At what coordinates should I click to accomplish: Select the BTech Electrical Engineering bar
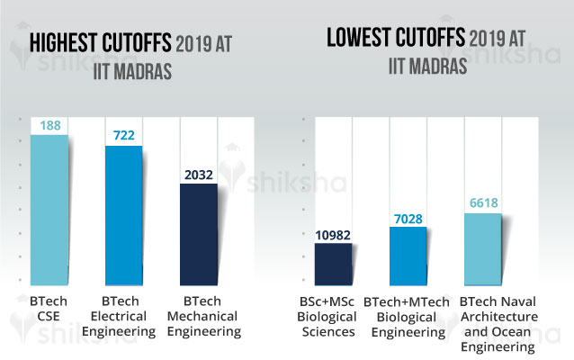pos(123,216)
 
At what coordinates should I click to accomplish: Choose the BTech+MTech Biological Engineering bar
pos(408,257)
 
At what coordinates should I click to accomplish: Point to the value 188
pos(49,125)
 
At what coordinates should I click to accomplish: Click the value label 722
pos(123,134)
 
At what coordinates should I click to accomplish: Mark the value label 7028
pos(408,216)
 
